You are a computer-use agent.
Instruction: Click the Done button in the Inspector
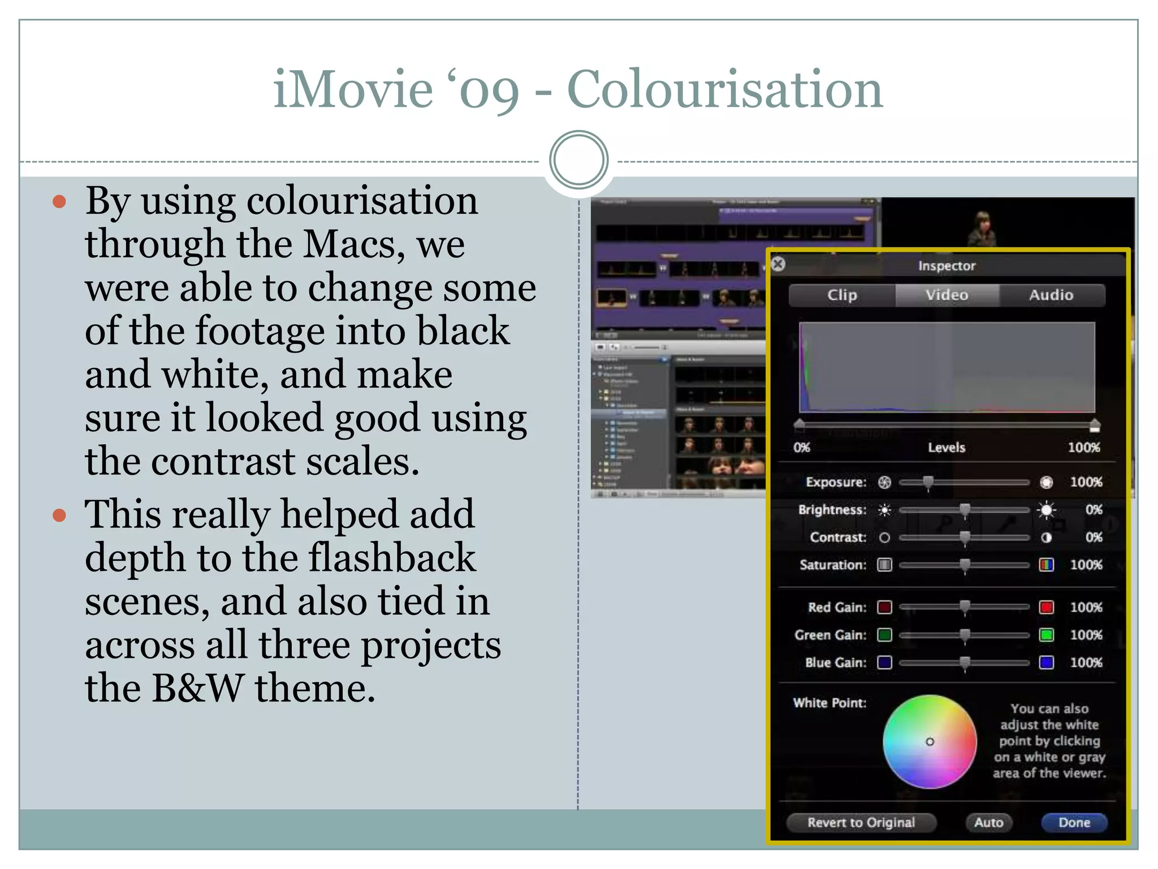click(1074, 822)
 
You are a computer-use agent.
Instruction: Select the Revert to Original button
click(861, 822)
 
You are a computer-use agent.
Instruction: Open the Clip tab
click(842, 295)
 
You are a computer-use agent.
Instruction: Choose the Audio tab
click(1051, 295)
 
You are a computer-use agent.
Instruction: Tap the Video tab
click(947, 295)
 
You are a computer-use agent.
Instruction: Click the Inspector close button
click(778, 264)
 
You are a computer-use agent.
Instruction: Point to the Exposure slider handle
click(928, 482)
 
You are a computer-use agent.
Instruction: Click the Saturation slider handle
click(965, 565)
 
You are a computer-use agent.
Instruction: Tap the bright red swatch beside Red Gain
click(1046, 607)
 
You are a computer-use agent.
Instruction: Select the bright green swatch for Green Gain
click(1046, 635)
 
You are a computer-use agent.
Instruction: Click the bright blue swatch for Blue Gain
click(1046, 662)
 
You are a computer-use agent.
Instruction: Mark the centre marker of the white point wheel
click(930, 741)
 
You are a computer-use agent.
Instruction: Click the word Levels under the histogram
click(947, 448)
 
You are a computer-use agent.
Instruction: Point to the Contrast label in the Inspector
click(837, 537)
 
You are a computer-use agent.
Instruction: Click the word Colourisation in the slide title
click(724, 89)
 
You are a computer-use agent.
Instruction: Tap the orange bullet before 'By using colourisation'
click(59, 202)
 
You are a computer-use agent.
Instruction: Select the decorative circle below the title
click(578, 160)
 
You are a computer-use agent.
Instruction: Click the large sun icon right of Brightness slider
click(1046, 510)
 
